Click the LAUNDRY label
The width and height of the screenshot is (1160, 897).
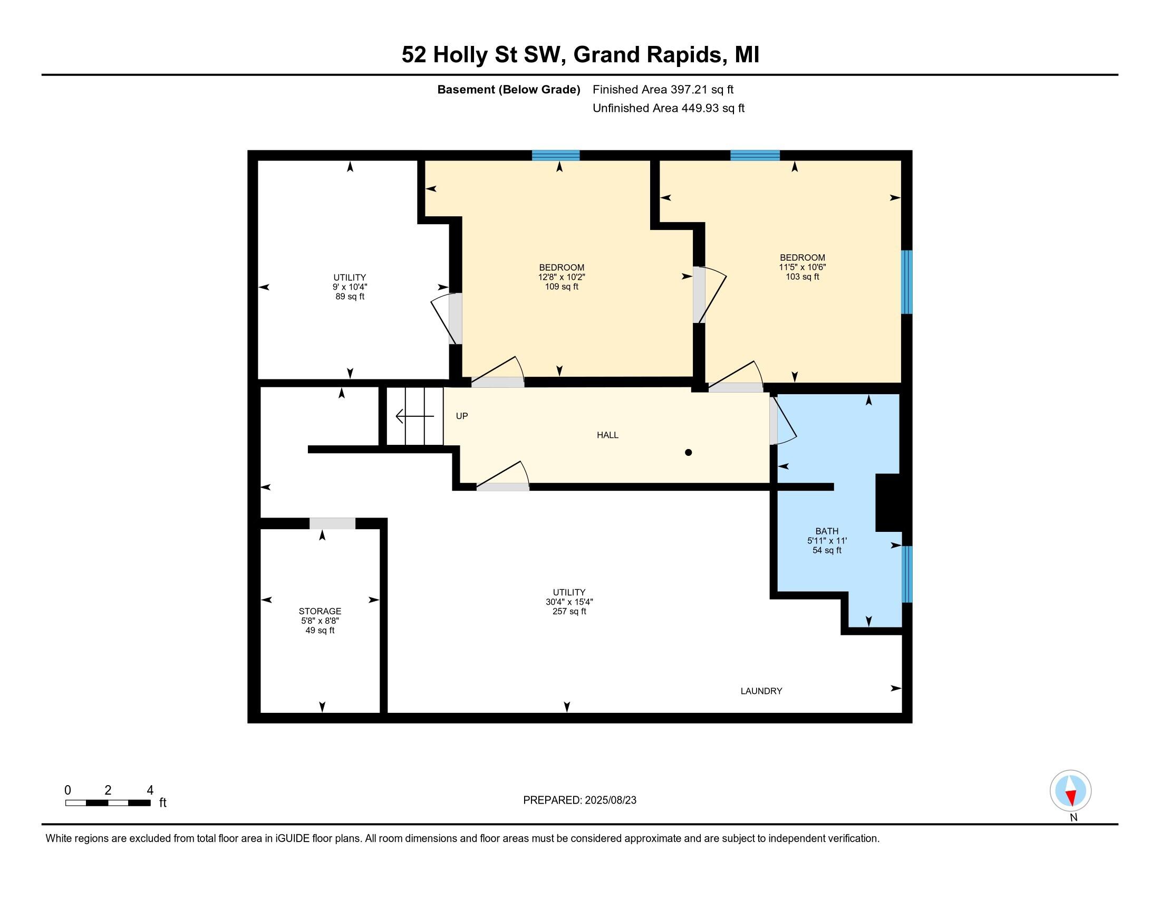click(761, 691)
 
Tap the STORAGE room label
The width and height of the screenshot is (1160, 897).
click(320, 620)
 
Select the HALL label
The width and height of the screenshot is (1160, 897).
click(607, 435)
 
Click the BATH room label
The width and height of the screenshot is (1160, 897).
click(826, 540)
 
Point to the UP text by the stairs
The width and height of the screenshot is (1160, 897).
click(461, 416)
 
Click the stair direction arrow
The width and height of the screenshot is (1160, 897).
click(415, 416)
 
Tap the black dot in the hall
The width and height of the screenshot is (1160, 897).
click(688, 453)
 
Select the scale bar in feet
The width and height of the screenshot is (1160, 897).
click(108, 803)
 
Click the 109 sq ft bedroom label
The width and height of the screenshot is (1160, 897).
click(562, 277)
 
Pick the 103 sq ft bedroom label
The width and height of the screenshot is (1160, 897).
click(802, 268)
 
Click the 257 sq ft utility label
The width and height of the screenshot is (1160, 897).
click(569, 602)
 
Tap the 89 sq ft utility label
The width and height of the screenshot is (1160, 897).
click(350, 287)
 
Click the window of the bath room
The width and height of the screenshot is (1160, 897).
click(907, 574)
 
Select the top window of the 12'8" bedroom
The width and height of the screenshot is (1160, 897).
click(556, 155)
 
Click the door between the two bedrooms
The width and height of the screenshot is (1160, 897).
click(699, 295)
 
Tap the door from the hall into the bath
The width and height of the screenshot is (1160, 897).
click(774, 421)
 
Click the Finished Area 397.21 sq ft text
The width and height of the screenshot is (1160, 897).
click(662, 90)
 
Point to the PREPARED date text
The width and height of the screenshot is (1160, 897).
click(579, 800)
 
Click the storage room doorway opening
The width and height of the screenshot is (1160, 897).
click(333, 523)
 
